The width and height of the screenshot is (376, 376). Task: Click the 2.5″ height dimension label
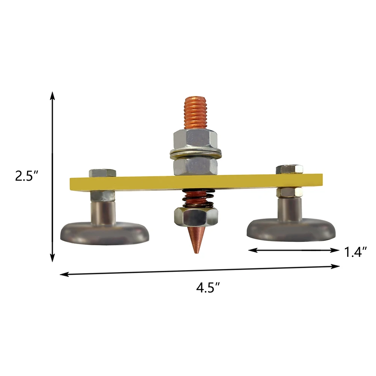(27, 176)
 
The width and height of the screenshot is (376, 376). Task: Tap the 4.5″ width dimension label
(208, 287)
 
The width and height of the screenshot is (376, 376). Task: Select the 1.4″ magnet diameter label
(355, 252)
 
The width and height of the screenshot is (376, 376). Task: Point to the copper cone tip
(196, 253)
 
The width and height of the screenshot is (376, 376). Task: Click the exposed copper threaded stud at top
(196, 113)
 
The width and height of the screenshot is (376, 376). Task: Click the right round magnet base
(291, 230)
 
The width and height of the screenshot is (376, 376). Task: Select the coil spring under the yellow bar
(198, 199)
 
